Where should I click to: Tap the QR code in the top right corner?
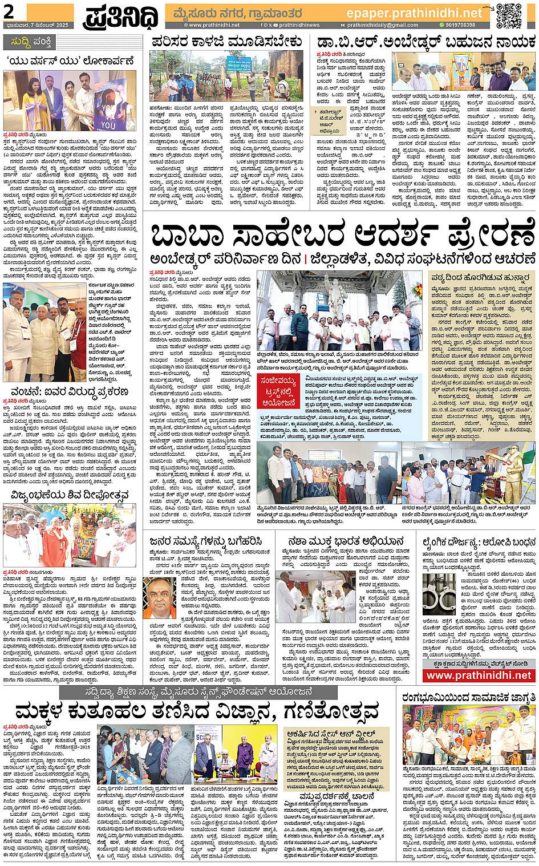[508, 15]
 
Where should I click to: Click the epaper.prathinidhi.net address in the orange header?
[414, 13]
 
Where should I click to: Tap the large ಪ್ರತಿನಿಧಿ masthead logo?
[121, 17]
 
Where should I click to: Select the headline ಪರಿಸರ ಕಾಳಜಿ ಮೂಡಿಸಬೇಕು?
[226, 42]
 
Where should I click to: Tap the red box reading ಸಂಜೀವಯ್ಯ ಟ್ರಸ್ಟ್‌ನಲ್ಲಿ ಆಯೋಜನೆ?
[278, 391]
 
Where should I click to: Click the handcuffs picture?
[439, 594]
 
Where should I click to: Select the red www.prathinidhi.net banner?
[479, 675]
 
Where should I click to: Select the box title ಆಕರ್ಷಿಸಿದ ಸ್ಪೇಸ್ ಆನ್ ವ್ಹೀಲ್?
[331, 734]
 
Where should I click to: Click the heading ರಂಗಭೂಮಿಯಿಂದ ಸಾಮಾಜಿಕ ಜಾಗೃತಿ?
[468, 697]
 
